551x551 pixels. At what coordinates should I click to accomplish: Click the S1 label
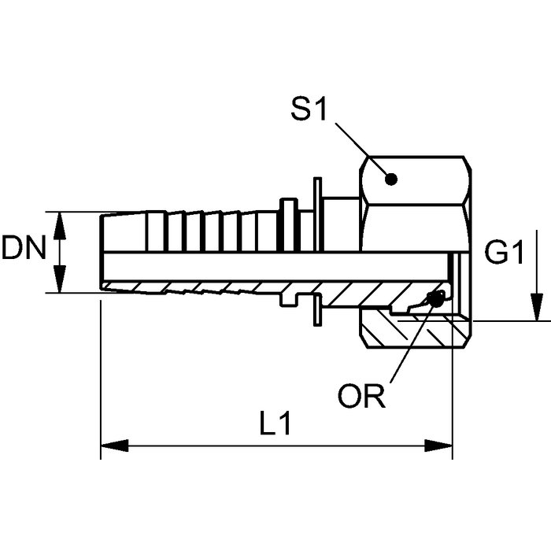309,109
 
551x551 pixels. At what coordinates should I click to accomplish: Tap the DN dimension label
24,250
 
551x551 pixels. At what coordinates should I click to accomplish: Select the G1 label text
505,253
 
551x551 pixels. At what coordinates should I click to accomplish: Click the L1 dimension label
276,425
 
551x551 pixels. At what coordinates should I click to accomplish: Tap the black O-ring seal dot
431,301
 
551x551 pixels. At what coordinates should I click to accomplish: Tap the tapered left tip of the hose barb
104,252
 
